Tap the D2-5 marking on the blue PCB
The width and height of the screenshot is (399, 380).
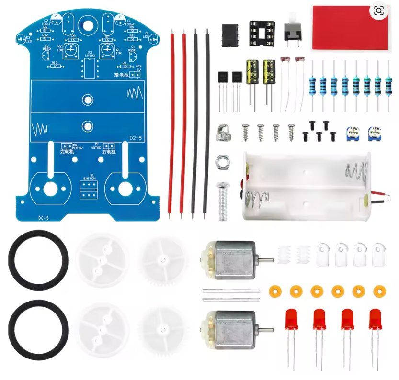[x=136, y=138]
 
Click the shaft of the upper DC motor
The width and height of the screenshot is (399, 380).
[x=266, y=260]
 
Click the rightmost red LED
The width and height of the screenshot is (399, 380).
[x=375, y=319]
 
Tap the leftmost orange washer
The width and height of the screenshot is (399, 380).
[x=274, y=291]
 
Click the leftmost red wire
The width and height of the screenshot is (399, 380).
[x=172, y=120]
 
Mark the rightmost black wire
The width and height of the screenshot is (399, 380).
[x=207, y=120]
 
